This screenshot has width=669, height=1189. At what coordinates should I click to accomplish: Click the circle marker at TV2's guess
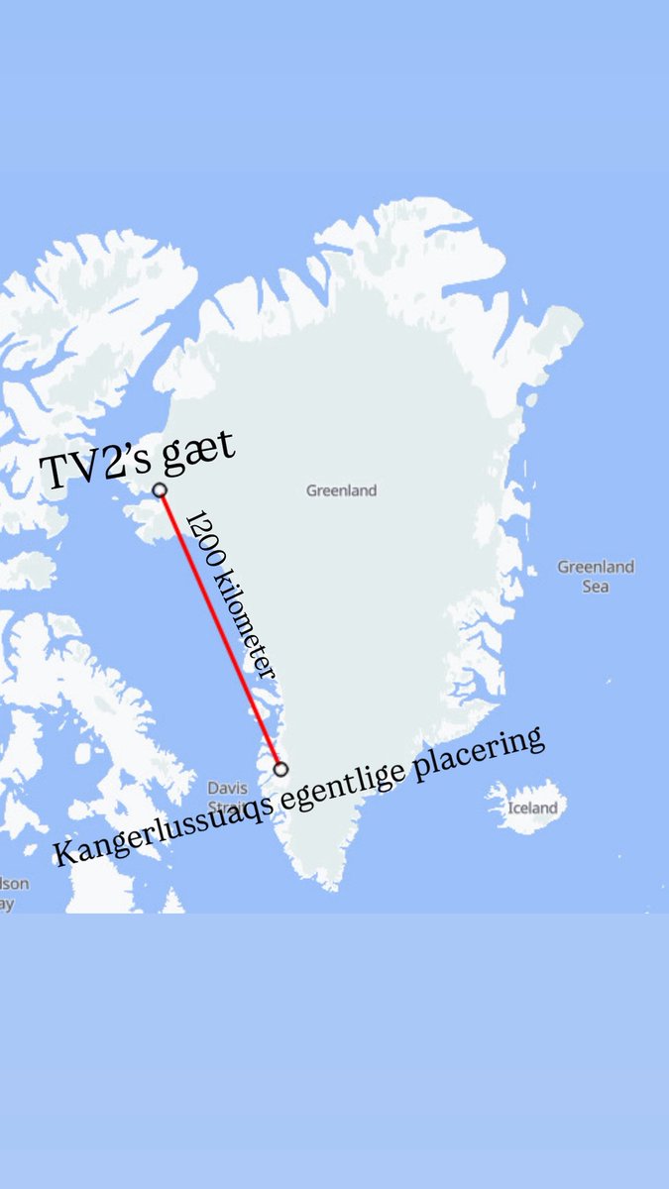pyautogui.click(x=159, y=489)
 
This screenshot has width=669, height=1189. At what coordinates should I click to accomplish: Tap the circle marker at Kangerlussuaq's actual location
pyautogui.click(x=280, y=769)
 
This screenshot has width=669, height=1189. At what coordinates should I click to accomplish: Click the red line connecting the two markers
pyautogui.click(x=220, y=630)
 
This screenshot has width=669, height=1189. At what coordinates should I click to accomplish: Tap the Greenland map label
pyautogui.click(x=341, y=490)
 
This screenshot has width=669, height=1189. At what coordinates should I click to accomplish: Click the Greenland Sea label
pyautogui.click(x=595, y=577)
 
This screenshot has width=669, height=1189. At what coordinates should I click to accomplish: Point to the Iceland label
pyautogui.click(x=532, y=808)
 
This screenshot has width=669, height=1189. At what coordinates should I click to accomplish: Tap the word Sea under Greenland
pyautogui.click(x=596, y=587)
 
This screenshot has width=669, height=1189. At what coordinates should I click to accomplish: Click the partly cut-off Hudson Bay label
pyautogui.click(x=12, y=892)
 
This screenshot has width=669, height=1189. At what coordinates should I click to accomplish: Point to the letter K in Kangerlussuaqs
pyautogui.click(x=62, y=853)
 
